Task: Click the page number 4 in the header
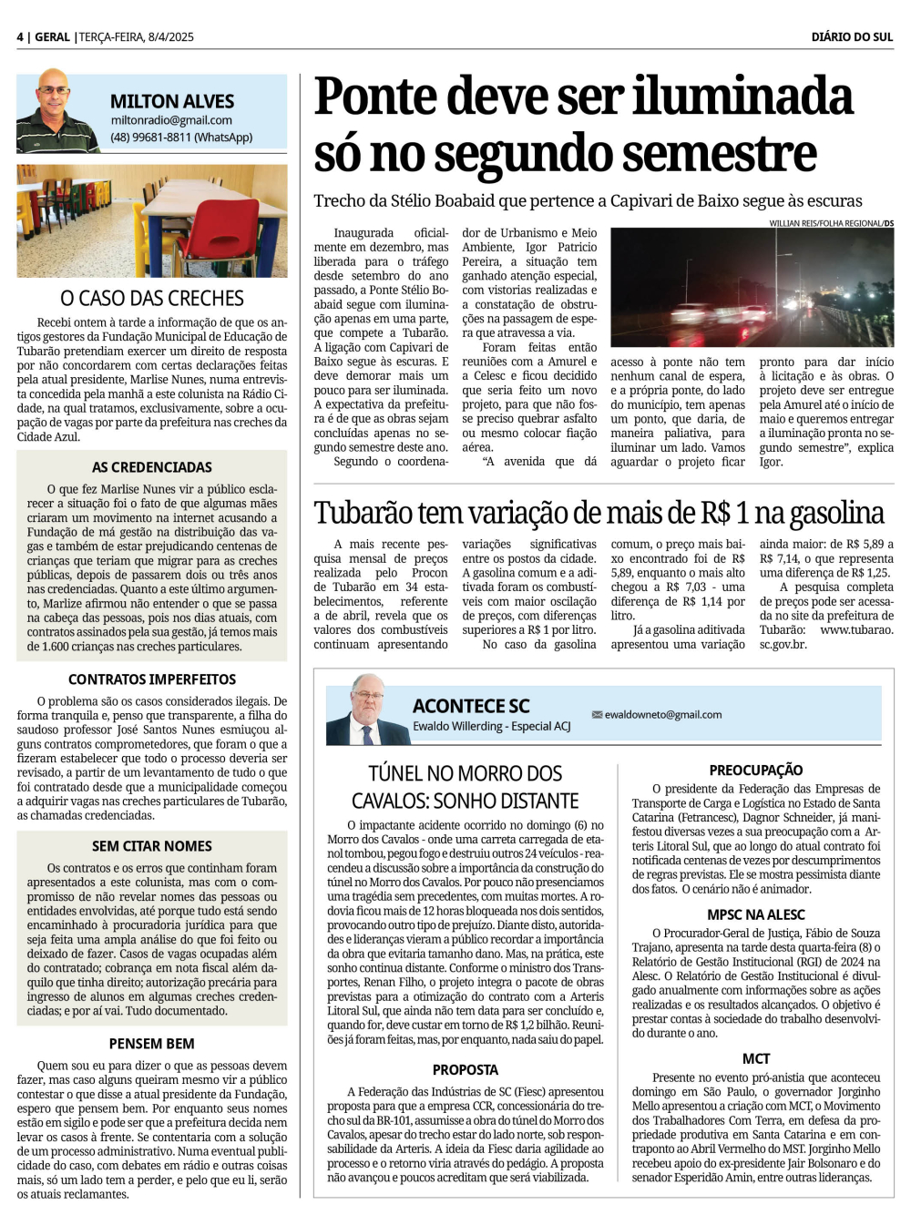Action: click(x=20, y=36)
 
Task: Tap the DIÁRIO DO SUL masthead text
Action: click(x=852, y=36)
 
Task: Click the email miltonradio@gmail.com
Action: click(x=171, y=119)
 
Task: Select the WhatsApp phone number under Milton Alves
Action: click(x=181, y=138)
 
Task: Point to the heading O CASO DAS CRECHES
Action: click(x=152, y=298)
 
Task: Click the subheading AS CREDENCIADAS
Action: click(x=152, y=467)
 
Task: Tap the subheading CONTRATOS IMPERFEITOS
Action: click(x=152, y=679)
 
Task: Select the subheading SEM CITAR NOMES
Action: click(x=152, y=846)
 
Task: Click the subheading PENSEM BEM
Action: click(x=152, y=1044)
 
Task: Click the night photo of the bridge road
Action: click(x=752, y=288)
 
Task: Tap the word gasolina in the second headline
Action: click(x=836, y=513)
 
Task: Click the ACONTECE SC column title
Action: click(x=471, y=706)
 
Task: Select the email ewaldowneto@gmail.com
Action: click(x=662, y=715)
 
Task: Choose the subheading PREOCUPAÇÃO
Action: click(x=756, y=771)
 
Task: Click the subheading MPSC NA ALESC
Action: click(x=756, y=914)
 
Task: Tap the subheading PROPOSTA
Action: click(x=466, y=1069)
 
